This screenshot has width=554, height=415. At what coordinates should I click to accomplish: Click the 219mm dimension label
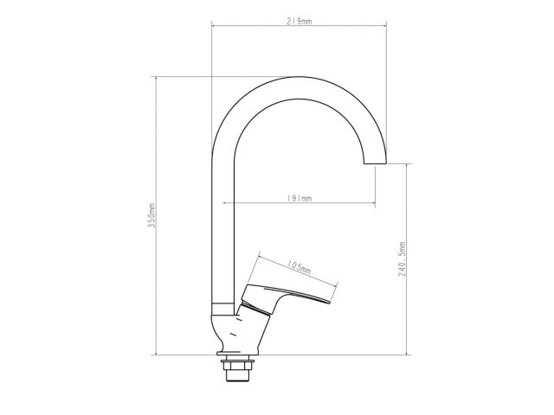tap(299, 21)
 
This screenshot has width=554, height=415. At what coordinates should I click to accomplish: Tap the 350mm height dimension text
tap(151, 215)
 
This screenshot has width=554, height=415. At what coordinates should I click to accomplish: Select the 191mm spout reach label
tap(299, 198)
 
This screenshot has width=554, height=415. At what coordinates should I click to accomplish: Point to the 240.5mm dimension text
tap(402, 259)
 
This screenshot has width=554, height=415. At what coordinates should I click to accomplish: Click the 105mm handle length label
tap(299, 267)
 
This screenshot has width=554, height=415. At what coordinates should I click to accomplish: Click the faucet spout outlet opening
tap(375, 163)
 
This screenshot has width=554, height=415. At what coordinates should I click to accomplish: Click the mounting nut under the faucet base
tap(237, 364)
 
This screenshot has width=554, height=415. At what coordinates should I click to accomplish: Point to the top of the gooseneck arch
tap(299, 77)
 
